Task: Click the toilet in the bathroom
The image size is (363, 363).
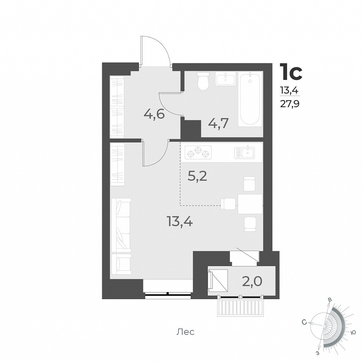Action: pyautogui.click(x=203, y=81)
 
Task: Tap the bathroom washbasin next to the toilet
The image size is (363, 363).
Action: pyautogui.click(x=225, y=79)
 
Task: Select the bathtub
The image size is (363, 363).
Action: pyautogui.click(x=250, y=99)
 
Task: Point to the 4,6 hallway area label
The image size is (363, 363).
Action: pyautogui.click(x=154, y=114)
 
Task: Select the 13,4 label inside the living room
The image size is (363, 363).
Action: pyautogui.click(x=180, y=222)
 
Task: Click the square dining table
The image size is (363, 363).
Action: pyautogui.click(x=250, y=204)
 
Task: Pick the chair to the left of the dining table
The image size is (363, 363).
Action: pyautogui.click(x=228, y=203)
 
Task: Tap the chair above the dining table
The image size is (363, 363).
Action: pyautogui.click(x=250, y=183)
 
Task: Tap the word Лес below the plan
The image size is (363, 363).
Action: pyautogui.click(x=185, y=332)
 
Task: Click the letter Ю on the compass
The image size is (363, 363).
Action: pyautogui.click(x=353, y=332)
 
